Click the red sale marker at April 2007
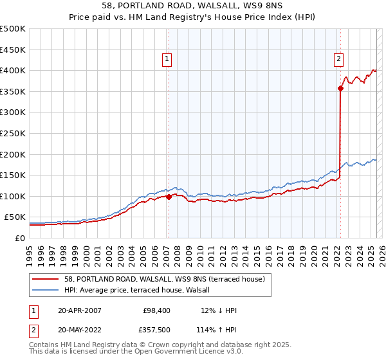pyautogui.click(x=169, y=197)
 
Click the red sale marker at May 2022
pyautogui.click(x=340, y=89)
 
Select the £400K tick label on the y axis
pyautogui.click(x=13, y=71)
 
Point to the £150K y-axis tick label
pyautogui.click(x=13, y=175)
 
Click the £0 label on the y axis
pyautogui.click(x=21, y=239)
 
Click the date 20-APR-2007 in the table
pyautogui.click(x=79, y=310)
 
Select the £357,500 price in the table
pyautogui.click(x=157, y=330)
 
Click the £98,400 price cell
pyautogui.click(x=157, y=310)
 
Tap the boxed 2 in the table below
pyautogui.click(x=33, y=330)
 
